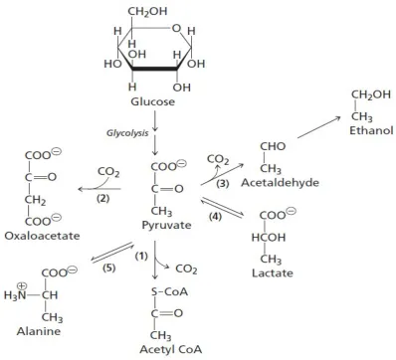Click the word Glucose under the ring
click(152, 101)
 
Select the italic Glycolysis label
click(127, 133)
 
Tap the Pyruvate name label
click(166, 225)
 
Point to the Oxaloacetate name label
click(42, 236)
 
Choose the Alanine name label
click(39, 331)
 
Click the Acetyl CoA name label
click(171, 349)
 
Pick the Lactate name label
click(273, 273)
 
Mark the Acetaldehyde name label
click(280, 183)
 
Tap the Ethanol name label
click(371, 130)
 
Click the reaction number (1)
click(141, 256)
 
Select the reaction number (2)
click(102, 199)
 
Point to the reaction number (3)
click(223, 184)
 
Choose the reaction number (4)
click(215, 217)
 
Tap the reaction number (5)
click(108, 268)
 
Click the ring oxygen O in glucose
click(176, 29)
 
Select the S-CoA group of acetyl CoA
click(169, 291)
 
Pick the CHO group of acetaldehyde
click(273, 146)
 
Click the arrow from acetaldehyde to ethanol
click(319, 127)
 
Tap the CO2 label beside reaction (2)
click(108, 172)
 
